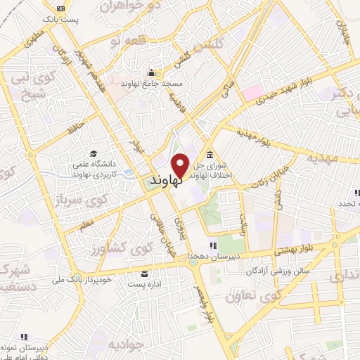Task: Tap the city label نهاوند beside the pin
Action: point(166,181)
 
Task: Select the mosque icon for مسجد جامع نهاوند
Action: point(151,72)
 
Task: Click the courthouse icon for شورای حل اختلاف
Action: point(210,155)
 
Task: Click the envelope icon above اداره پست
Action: point(145,274)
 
